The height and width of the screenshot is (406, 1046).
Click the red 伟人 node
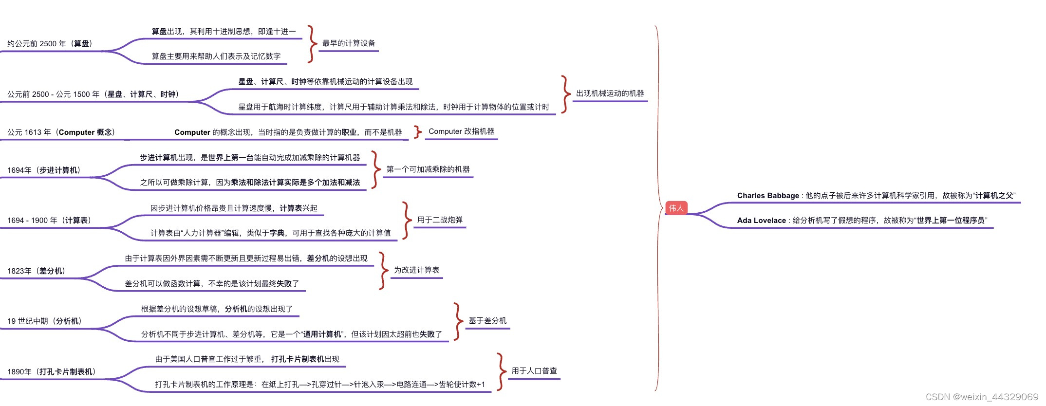pos(676,208)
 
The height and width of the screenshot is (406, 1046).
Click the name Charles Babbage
pos(768,196)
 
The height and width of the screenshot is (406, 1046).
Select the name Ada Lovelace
pos(761,221)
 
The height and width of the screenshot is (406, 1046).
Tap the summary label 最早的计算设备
pos(349,43)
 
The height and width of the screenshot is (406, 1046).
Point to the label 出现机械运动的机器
pos(610,93)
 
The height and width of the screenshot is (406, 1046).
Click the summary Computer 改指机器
pos(461,131)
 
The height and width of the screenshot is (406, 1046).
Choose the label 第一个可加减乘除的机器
pos(428,169)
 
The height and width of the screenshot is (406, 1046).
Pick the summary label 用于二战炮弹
pos(440,220)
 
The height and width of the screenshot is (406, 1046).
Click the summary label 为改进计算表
pos(416,270)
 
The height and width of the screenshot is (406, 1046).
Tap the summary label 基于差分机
pos(487,321)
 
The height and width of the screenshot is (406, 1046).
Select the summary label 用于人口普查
pos(534,371)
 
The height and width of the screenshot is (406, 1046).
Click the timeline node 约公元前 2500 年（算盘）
pos(51,44)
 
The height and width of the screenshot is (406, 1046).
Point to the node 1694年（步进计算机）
pos(44,170)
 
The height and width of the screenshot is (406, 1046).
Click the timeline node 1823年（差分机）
pos(37,271)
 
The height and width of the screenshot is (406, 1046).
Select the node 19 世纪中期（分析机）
pos(45,321)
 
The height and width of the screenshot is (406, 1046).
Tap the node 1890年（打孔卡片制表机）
pos(52,372)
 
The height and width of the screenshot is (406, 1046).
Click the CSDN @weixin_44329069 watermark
pos(982,397)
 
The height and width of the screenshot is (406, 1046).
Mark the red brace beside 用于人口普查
pos(500,372)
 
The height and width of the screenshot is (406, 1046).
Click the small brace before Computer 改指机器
pos(417,132)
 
